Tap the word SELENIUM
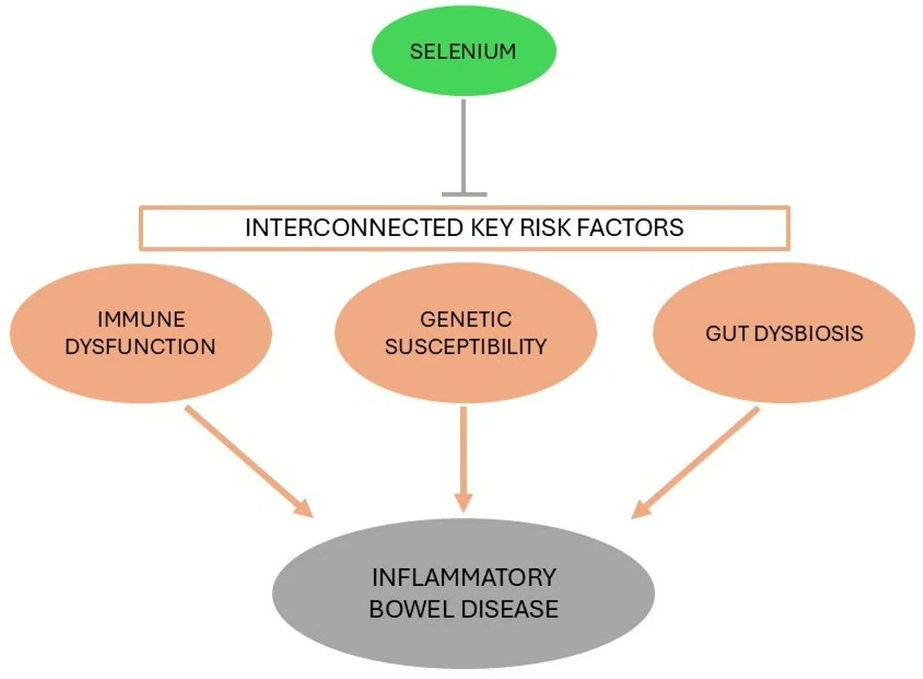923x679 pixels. tap(463, 52)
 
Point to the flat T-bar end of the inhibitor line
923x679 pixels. tap(463, 194)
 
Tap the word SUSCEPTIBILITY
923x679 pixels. tap(465, 346)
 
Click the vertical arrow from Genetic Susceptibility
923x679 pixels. tap(463, 458)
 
